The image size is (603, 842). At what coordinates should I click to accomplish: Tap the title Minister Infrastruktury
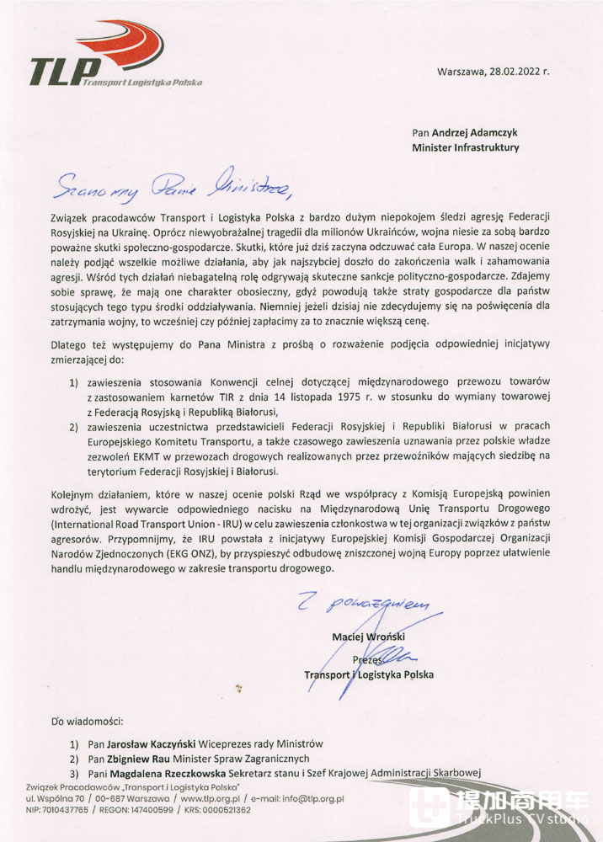click(x=465, y=147)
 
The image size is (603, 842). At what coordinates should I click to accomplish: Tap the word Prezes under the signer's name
click(x=368, y=660)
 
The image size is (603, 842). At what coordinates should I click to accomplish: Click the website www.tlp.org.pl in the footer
click(x=216, y=797)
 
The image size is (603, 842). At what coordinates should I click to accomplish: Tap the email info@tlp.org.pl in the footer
click(x=307, y=797)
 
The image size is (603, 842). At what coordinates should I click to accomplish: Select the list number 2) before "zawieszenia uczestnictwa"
click(x=74, y=426)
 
